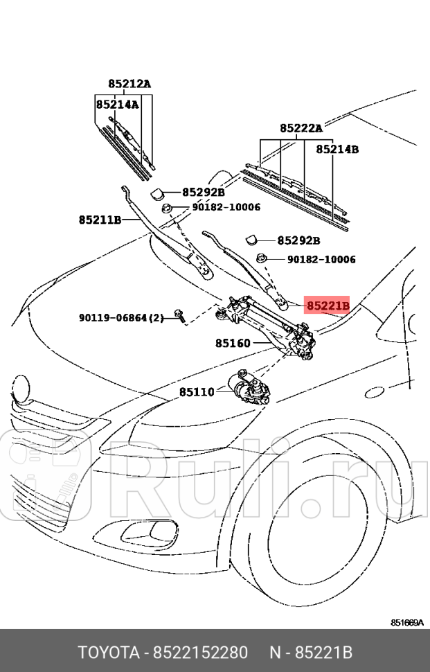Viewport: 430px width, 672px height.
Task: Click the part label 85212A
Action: tap(129, 84)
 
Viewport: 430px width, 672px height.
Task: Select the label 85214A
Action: tap(117, 105)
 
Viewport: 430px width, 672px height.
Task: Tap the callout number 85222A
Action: tap(301, 128)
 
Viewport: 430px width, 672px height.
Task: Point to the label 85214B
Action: tap(337, 149)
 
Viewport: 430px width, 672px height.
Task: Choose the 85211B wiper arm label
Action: tap(100, 220)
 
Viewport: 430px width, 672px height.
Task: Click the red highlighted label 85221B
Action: tap(328, 305)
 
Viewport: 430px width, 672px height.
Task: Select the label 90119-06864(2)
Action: tap(120, 318)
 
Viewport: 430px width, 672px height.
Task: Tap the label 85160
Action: tap(233, 343)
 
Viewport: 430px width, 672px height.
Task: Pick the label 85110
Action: tap(197, 391)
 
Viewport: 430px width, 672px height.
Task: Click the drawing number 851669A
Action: tap(406, 622)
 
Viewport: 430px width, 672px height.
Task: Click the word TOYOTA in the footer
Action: tap(107, 653)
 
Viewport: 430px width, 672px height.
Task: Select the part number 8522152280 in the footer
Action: tap(199, 653)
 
